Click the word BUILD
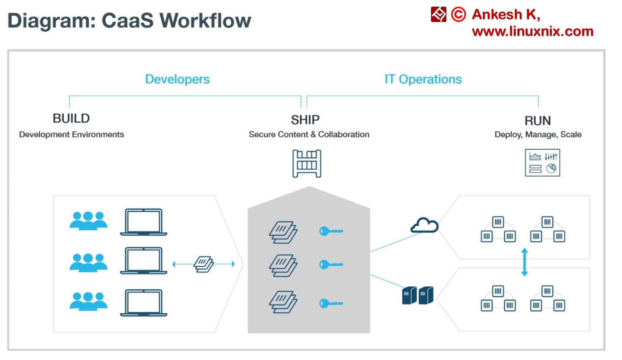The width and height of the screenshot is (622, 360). tap(71, 118)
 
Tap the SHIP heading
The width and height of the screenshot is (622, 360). tap(305, 120)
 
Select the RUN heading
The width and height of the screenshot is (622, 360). tap(537, 121)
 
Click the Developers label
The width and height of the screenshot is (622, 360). tap(177, 79)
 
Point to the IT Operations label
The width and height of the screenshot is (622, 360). tap(423, 79)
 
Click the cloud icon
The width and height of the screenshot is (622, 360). tap(424, 226)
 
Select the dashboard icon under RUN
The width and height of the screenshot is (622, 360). tap(542, 163)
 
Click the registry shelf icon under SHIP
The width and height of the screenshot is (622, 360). tap(307, 163)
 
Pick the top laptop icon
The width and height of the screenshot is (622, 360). tap(144, 222)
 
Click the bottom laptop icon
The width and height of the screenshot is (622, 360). tap(144, 303)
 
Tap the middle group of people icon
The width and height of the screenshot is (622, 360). tap(89, 262)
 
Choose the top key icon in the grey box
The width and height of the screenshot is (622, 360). tap(331, 231)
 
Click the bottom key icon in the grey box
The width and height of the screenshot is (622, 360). tap(331, 303)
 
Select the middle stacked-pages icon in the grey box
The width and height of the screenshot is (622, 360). tap(283, 265)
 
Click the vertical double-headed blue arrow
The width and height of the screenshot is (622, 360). tap(524, 262)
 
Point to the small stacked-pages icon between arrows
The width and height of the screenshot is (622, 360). tap(204, 264)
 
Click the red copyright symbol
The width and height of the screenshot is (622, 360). tap(458, 15)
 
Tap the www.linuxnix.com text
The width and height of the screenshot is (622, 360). tap(532, 31)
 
